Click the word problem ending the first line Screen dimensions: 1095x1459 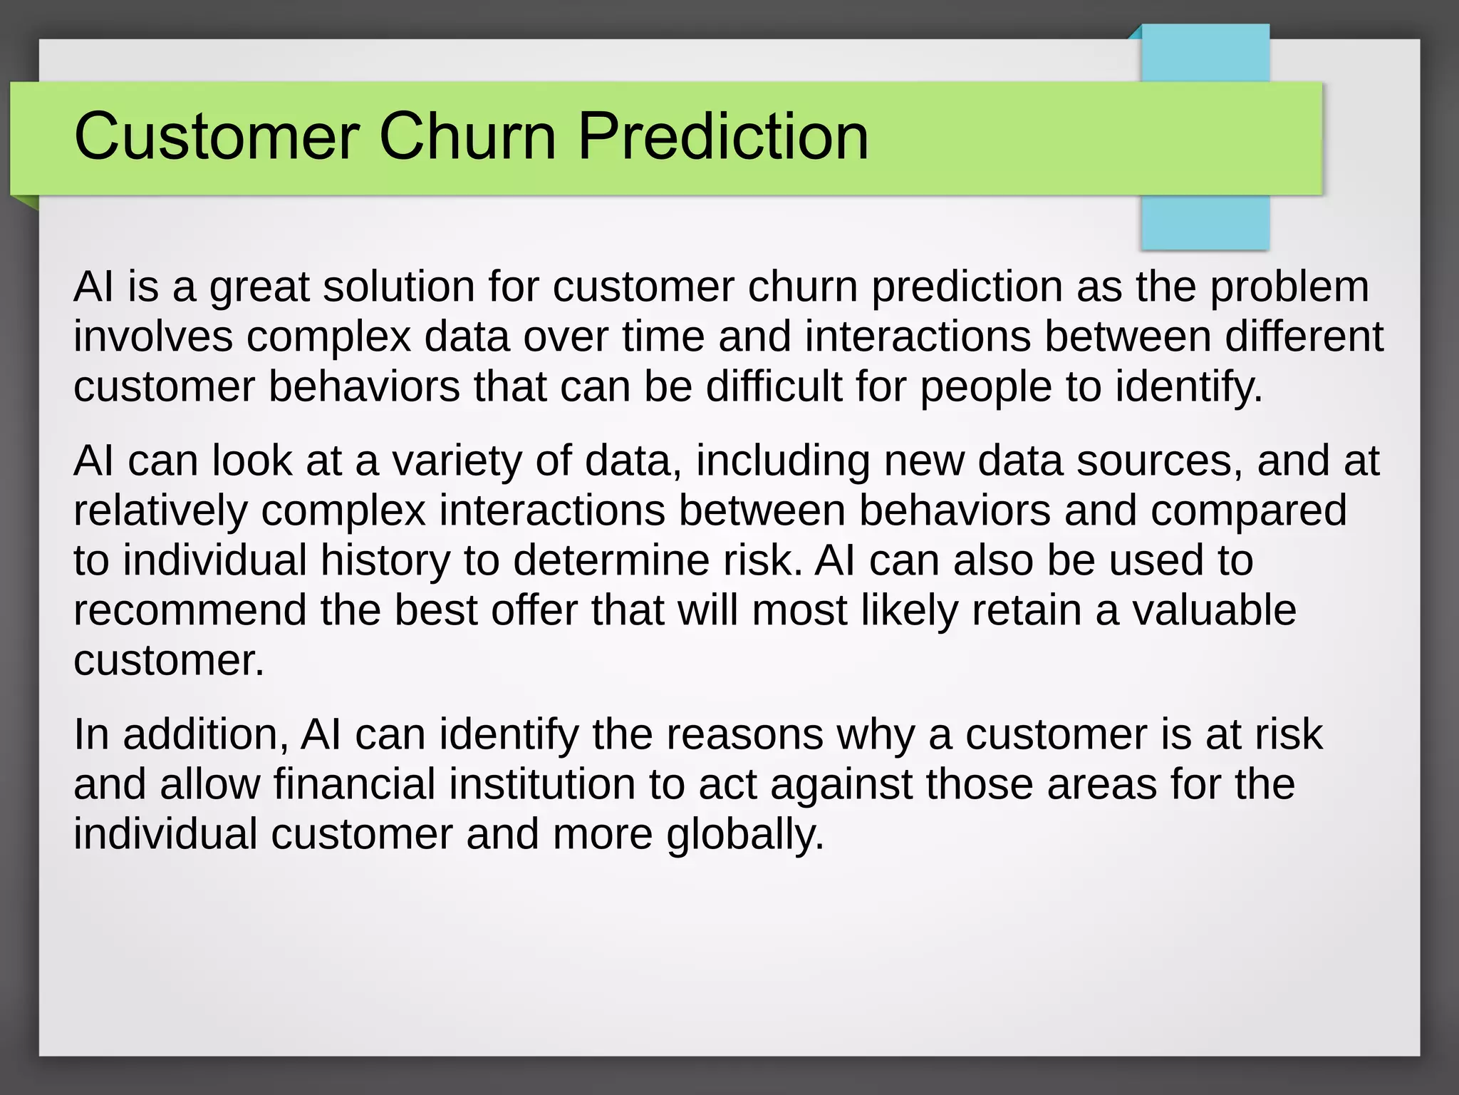[x=1289, y=288]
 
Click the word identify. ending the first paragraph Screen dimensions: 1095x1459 [x=1188, y=388]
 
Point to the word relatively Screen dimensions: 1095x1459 [x=160, y=511]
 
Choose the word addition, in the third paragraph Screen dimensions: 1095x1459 [x=205, y=735]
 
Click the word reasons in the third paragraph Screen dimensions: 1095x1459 [x=744, y=735]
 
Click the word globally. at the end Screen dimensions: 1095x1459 [x=745, y=836]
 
